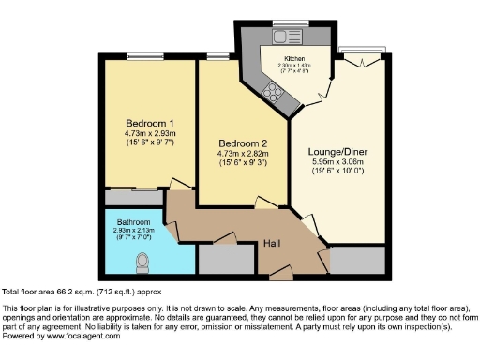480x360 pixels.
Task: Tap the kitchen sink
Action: [278, 38]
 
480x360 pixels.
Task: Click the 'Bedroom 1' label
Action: [150, 124]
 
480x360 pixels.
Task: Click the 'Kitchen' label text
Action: [298, 58]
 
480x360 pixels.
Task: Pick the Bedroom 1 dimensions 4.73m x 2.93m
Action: [150, 134]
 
